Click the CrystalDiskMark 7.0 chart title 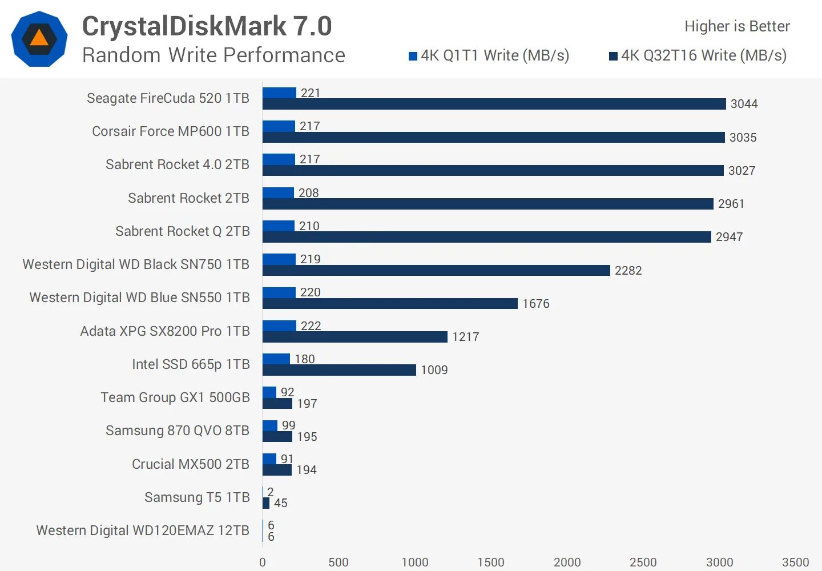pos(207,26)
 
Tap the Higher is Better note pos(737,26)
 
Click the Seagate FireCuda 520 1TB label pos(168,98)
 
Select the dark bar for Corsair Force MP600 pos(494,138)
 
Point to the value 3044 pos(744,104)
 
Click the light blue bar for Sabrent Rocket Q pos(279,226)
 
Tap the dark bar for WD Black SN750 pos(436,270)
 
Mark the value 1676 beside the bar pos(535,304)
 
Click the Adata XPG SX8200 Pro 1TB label pos(165,331)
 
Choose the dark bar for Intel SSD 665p pos(339,370)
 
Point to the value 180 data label pos(304,359)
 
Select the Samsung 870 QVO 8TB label pos(178,431)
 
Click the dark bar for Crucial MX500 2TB pos(277,470)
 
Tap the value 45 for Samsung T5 pos(280,503)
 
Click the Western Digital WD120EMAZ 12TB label pos(143,530)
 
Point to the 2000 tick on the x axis pos(567,562)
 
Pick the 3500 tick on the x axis pos(795,562)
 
